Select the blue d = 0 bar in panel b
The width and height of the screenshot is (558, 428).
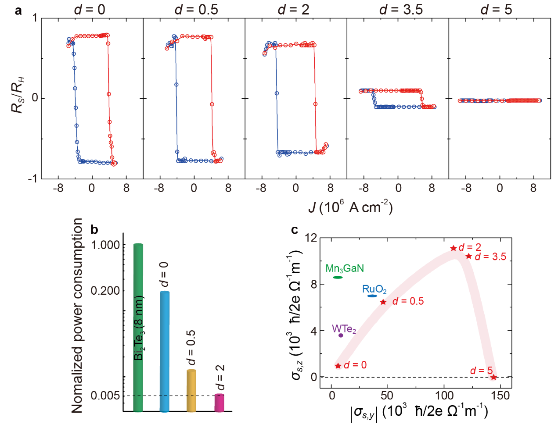(x=164, y=351)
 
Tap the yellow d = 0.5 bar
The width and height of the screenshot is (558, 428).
(x=191, y=390)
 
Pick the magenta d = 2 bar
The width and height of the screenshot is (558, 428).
(x=219, y=403)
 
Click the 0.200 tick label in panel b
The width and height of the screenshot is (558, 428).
(x=105, y=291)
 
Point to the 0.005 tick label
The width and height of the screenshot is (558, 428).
(x=105, y=396)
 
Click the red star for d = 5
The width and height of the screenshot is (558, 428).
(x=493, y=377)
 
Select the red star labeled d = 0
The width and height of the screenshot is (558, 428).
(x=338, y=366)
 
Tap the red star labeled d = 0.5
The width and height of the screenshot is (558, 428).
(x=383, y=302)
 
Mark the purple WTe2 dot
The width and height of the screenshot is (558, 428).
(x=341, y=335)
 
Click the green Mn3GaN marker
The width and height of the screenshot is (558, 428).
(x=338, y=277)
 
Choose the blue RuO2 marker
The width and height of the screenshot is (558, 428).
(x=372, y=296)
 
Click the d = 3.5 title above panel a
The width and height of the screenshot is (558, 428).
(x=401, y=10)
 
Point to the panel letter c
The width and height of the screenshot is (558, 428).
(x=295, y=229)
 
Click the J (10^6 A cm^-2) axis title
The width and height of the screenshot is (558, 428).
(x=350, y=207)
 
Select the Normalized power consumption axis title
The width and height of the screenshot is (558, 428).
(x=77, y=316)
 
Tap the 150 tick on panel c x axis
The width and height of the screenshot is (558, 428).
(x=500, y=396)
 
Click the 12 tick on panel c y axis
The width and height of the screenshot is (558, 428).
(x=311, y=238)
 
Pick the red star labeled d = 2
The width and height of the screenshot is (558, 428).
(x=454, y=248)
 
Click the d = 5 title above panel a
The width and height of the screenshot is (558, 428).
(x=496, y=10)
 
